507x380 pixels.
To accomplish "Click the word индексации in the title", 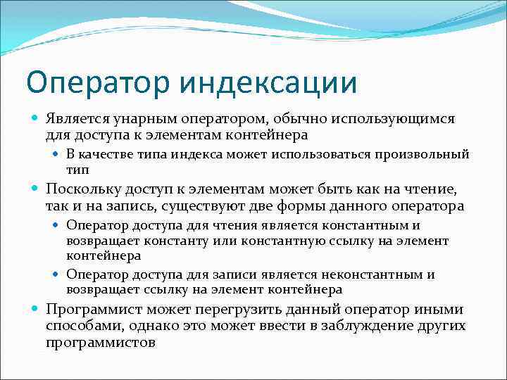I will tap(268, 82).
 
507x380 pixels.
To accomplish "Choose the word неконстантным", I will tap(380, 274).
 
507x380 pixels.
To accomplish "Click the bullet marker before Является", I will tap(36, 119).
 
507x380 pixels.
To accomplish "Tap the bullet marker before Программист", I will tap(36, 309).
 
